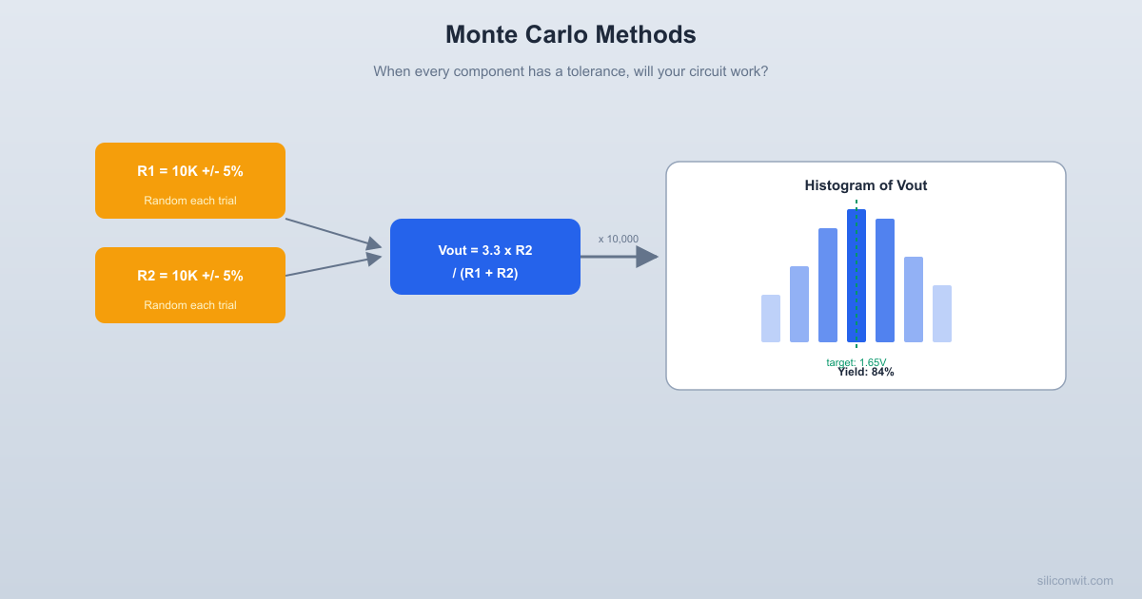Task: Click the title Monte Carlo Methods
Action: point(570,35)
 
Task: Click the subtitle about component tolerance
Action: point(570,71)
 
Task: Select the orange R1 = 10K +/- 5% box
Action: point(190,181)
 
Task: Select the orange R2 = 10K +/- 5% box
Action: point(190,285)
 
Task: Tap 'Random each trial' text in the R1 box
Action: point(190,201)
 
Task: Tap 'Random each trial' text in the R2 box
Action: point(190,305)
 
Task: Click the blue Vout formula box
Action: point(484,257)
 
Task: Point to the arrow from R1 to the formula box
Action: point(333,233)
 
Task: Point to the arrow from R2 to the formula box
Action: point(333,265)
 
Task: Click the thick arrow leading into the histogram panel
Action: point(619,257)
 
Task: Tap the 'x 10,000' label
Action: point(619,239)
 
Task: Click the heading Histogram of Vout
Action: point(865,185)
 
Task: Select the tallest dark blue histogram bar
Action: point(856,276)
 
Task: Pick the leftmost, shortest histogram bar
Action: point(771,319)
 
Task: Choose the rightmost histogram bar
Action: point(942,314)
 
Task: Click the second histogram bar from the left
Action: point(799,304)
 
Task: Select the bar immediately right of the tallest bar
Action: point(885,280)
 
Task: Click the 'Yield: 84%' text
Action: point(866,373)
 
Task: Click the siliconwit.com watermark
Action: point(1074,580)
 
